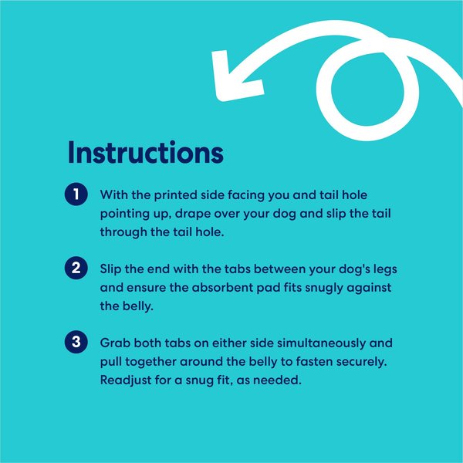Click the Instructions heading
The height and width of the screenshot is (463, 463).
(146, 152)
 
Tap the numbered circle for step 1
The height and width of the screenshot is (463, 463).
(76, 194)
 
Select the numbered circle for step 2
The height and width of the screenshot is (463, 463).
(76, 268)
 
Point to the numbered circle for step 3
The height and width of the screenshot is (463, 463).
(76, 342)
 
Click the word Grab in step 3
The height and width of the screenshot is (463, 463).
(115, 343)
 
